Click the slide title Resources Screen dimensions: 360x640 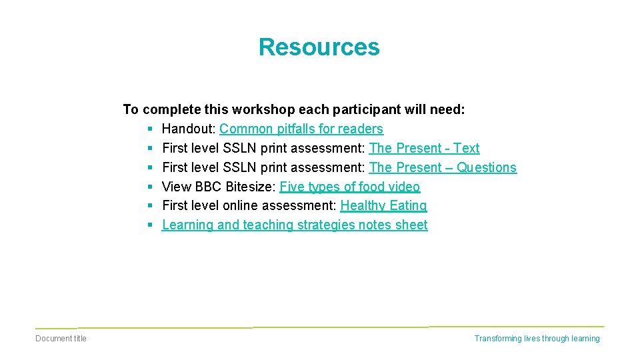(319, 47)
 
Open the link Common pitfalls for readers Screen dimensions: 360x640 (301, 129)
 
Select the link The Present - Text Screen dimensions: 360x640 (424, 148)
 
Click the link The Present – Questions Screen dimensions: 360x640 (443, 167)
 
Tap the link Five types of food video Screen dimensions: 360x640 (350, 187)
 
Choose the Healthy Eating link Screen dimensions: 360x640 (383, 205)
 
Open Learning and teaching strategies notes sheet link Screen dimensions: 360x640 (295, 225)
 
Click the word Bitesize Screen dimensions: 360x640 (250, 187)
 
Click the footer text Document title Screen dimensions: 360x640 (61, 339)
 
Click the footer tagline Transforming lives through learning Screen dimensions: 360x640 (537, 339)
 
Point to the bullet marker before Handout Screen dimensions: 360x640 (151, 129)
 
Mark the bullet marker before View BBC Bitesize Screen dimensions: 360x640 (151, 187)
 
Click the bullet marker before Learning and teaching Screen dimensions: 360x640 (151, 225)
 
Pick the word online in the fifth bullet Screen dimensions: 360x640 (239, 205)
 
